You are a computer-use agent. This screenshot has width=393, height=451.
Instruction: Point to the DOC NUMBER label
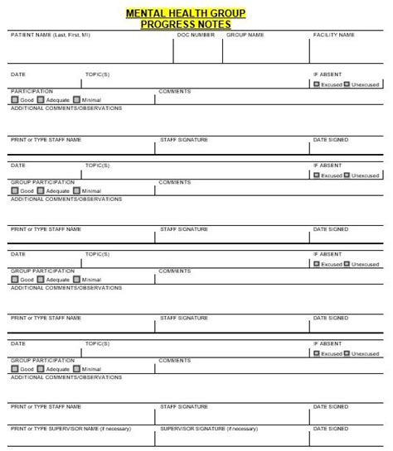pyautogui.click(x=196, y=35)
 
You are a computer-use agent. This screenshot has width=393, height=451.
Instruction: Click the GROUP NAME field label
pyautogui.click(x=245, y=35)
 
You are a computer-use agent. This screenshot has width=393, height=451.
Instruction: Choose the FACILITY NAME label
pyautogui.click(x=334, y=35)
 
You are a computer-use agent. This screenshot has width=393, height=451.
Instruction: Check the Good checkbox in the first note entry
pyautogui.click(x=15, y=99)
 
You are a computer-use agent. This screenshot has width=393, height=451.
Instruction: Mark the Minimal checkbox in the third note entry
pyautogui.click(x=77, y=281)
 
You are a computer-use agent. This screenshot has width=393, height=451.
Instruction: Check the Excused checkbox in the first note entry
pyautogui.click(x=317, y=84)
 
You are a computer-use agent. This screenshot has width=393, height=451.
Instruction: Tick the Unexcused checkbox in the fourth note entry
pyautogui.click(x=349, y=354)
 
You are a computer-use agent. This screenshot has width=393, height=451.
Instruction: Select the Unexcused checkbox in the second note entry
pyautogui.click(x=349, y=175)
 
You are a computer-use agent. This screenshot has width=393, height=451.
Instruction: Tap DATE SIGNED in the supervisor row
pyautogui.click(x=331, y=429)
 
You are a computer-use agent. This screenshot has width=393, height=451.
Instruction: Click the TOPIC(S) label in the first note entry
pyautogui.click(x=97, y=74)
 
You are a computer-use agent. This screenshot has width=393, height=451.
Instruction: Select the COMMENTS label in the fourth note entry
pyautogui.click(x=175, y=361)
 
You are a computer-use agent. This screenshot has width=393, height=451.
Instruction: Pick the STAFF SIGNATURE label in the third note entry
pyautogui.click(x=184, y=318)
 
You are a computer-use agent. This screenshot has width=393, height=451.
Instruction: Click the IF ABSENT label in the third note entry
pyautogui.click(x=327, y=254)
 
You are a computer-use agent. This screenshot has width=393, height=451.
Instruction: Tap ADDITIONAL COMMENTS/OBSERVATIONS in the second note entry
pyautogui.click(x=66, y=198)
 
